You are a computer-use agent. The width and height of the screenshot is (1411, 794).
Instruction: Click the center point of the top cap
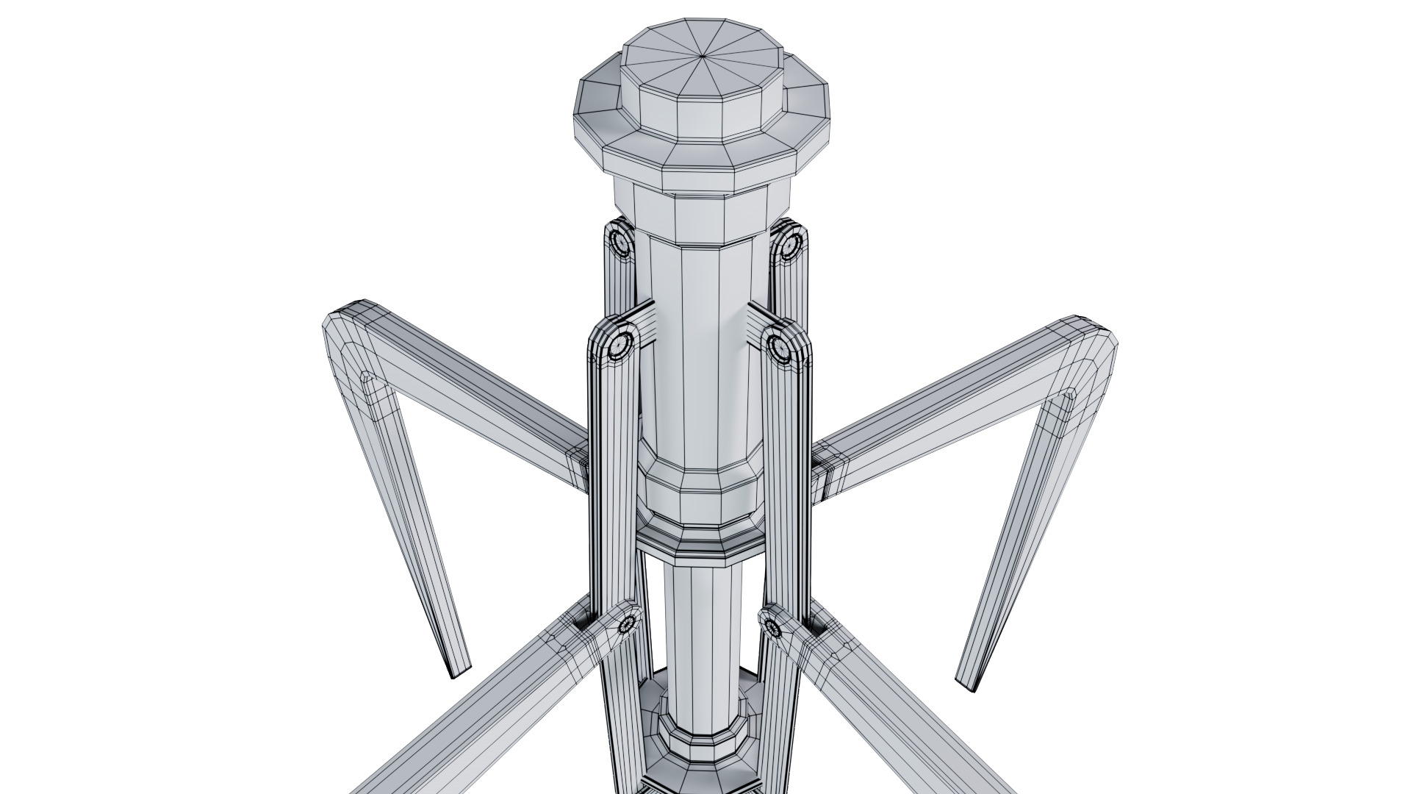point(703,55)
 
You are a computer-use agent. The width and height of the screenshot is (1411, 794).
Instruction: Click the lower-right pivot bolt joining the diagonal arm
point(771,627)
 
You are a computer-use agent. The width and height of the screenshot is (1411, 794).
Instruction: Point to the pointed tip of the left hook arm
point(458,672)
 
